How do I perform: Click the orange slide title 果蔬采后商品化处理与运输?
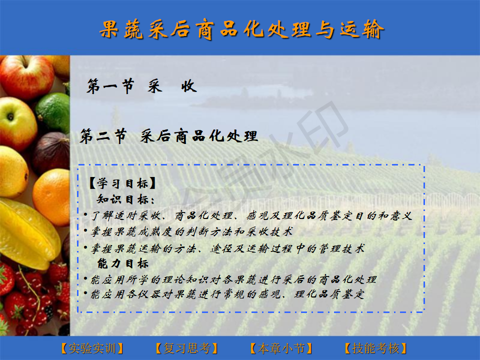[241, 29]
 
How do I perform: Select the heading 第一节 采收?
[141, 86]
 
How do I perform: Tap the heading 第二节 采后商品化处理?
[168, 136]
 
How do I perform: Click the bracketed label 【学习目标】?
[122, 183]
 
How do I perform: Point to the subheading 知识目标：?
[126, 199]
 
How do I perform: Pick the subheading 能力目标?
[123, 263]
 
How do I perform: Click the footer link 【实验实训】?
[92, 348]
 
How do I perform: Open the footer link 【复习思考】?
[186, 348]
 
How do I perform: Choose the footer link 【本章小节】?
[281, 348]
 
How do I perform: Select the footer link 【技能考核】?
[375, 348]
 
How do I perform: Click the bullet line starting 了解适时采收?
[251, 216]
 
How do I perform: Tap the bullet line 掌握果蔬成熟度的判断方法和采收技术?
[191, 231]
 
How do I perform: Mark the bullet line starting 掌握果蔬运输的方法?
[228, 248]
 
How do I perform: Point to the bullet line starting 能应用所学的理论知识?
[233, 279]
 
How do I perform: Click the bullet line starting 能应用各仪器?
[228, 294]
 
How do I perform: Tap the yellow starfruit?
[27, 232]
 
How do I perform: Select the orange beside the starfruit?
[52, 197]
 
